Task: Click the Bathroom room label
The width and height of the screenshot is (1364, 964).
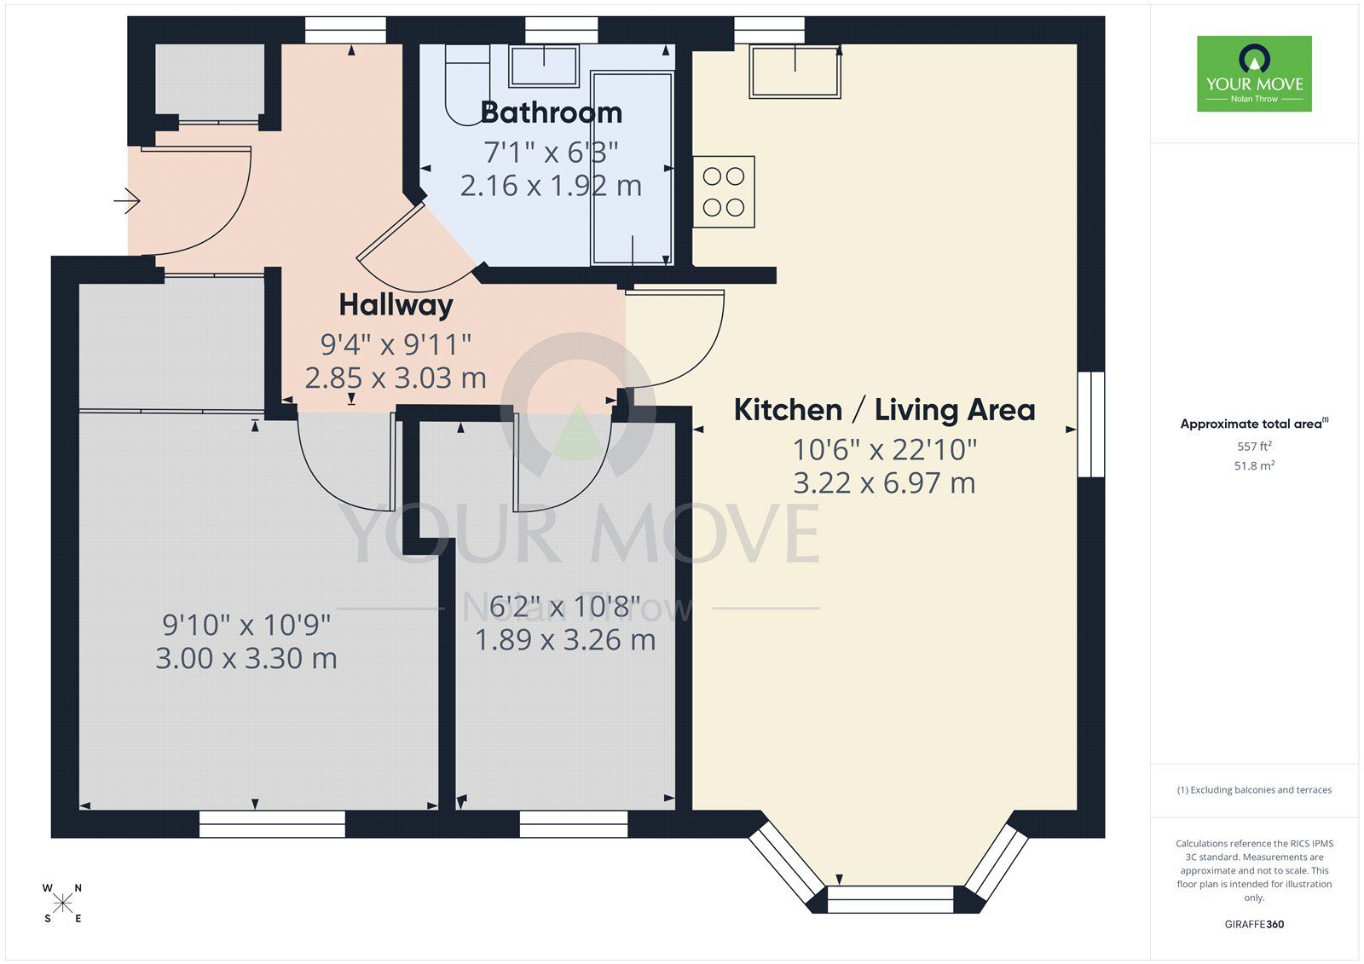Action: [x=551, y=113]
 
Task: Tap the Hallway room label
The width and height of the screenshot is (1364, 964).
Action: [x=396, y=304]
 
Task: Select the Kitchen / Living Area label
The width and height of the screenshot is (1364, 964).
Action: [x=884, y=410]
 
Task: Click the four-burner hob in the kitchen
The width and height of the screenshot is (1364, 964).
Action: [x=724, y=191]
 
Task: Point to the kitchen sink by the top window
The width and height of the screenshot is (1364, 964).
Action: [x=795, y=72]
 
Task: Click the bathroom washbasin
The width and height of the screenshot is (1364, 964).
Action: [x=543, y=66]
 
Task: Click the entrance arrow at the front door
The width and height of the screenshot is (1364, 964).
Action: [x=127, y=201]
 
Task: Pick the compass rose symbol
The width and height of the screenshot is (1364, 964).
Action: [x=62, y=903]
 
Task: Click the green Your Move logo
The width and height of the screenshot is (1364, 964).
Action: [x=1253, y=73]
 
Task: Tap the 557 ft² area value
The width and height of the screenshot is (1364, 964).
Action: [x=1254, y=447]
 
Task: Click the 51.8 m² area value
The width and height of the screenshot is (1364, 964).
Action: [x=1254, y=466]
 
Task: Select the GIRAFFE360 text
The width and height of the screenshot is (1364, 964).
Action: [x=1254, y=924]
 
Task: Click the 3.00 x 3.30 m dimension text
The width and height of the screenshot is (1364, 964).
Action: [x=246, y=659]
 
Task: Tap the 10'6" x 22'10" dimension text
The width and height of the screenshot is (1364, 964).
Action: [x=884, y=448]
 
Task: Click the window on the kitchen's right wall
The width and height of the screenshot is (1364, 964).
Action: [x=1090, y=424]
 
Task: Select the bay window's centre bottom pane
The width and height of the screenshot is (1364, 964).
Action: [x=889, y=898]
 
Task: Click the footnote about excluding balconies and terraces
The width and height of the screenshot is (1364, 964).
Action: [x=1254, y=790]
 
